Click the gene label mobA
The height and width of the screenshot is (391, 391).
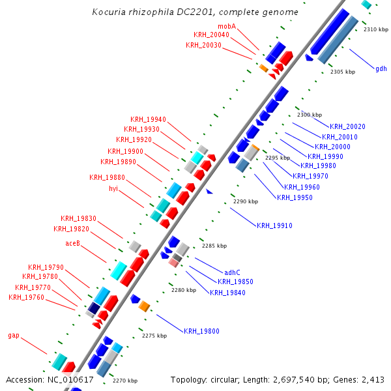(x=227, y=26)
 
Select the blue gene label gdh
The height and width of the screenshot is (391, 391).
(x=381, y=68)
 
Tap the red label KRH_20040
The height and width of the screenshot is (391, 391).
(x=211, y=35)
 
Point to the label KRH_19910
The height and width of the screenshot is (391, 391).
(x=274, y=225)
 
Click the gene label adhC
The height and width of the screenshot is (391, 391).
(x=232, y=272)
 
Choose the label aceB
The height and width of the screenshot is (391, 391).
(x=72, y=243)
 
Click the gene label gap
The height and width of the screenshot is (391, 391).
(x=14, y=336)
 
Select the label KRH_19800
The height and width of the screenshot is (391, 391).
(x=201, y=331)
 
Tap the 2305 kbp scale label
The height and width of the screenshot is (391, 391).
(x=343, y=72)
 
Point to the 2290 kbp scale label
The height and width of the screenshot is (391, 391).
(x=245, y=202)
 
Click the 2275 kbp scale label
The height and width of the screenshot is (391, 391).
(x=154, y=336)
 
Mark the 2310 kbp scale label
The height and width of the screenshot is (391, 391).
(x=376, y=29)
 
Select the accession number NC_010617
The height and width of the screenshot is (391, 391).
(x=71, y=379)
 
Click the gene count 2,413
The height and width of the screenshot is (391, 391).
(x=373, y=379)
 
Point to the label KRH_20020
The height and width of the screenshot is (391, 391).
(x=347, y=126)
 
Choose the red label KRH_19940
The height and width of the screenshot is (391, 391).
(x=148, y=119)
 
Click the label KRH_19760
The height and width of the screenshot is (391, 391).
(x=27, y=297)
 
